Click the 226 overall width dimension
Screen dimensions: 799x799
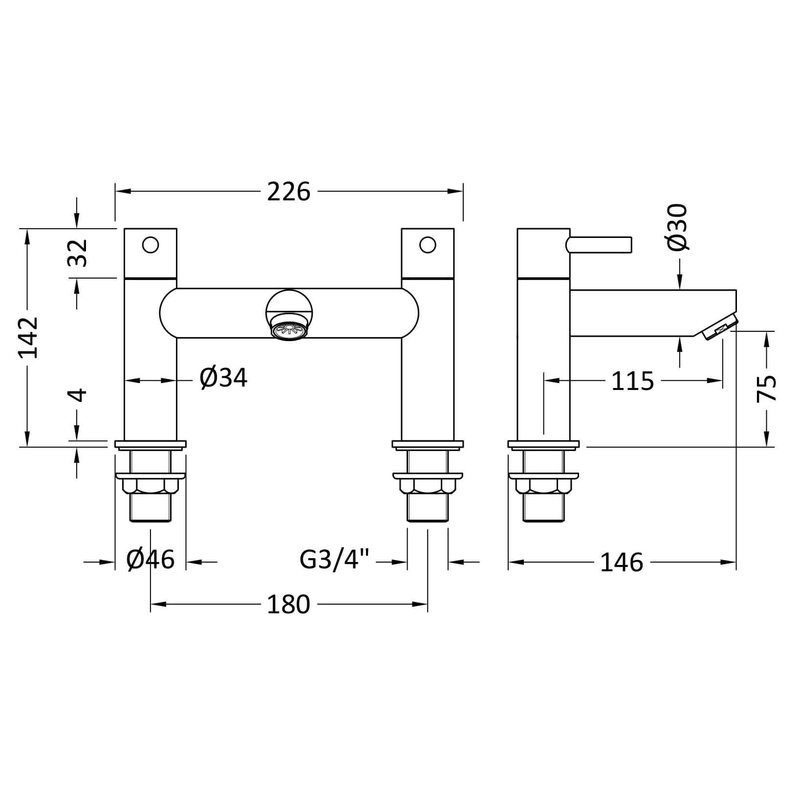(x=289, y=192)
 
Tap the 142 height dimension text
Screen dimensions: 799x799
(x=28, y=337)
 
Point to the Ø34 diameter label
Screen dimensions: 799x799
(x=224, y=378)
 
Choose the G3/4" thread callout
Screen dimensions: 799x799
(x=335, y=561)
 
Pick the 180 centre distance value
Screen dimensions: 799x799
(x=288, y=605)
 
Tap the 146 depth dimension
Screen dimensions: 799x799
(x=622, y=562)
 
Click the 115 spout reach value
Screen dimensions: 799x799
(x=632, y=381)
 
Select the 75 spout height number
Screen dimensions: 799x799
(x=766, y=388)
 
